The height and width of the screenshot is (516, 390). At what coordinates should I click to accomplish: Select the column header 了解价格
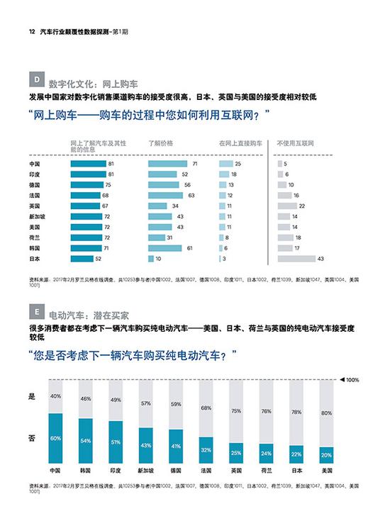click(160, 143)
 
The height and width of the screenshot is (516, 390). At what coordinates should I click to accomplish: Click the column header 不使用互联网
click(294, 143)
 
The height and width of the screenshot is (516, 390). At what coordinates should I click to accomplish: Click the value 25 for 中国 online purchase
click(238, 164)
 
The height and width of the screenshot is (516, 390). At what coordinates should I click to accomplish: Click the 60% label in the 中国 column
click(55, 439)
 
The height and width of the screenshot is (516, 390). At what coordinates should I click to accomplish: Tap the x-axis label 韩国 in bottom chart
click(84, 471)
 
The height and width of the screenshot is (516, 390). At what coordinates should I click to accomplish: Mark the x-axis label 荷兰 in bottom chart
click(266, 471)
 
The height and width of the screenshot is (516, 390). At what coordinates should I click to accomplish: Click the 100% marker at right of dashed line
click(352, 380)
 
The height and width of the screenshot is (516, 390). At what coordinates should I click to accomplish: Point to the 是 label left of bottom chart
click(31, 397)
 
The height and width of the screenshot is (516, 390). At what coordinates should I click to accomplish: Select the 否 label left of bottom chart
click(31, 438)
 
